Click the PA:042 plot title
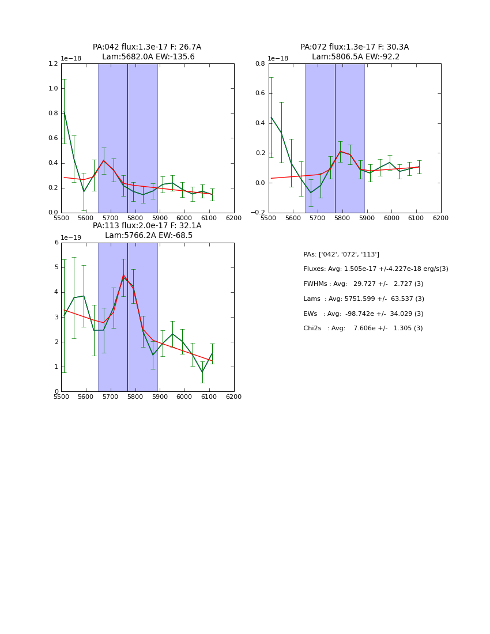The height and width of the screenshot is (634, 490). (x=147, y=52)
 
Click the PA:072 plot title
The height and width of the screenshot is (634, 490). (x=355, y=52)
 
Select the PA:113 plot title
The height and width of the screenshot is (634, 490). (x=147, y=231)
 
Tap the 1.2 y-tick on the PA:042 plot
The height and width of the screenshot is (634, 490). (x=52, y=64)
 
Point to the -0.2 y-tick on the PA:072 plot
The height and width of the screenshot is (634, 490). (x=258, y=213)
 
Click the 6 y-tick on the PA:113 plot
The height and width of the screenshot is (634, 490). (x=56, y=243)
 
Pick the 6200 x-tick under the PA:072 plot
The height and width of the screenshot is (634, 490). (x=441, y=218)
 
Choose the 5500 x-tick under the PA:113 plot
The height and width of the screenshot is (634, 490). (x=61, y=397)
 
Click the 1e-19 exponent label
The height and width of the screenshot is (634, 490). (x=71, y=237)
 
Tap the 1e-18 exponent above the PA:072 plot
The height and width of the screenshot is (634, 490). (x=278, y=59)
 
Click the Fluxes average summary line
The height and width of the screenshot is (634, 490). (x=375, y=269)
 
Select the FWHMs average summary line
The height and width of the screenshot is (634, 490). (x=363, y=284)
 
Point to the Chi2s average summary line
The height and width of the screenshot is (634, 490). (x=363, y=329)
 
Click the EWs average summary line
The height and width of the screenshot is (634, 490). (x=363, y=314)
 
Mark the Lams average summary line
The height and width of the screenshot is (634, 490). (x=364, y=299)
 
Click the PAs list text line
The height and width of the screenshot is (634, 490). (x=341, y=254)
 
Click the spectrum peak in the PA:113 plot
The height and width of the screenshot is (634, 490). (x=123, y=277)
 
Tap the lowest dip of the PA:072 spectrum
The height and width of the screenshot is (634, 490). (x=311, y=193)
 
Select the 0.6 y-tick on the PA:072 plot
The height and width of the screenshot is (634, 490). (x=260, y=93)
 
